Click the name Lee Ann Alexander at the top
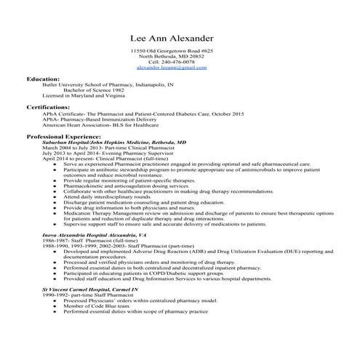171,37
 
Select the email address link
171,68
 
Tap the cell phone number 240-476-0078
171,62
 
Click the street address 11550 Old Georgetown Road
171,51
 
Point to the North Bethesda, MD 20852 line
171,57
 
